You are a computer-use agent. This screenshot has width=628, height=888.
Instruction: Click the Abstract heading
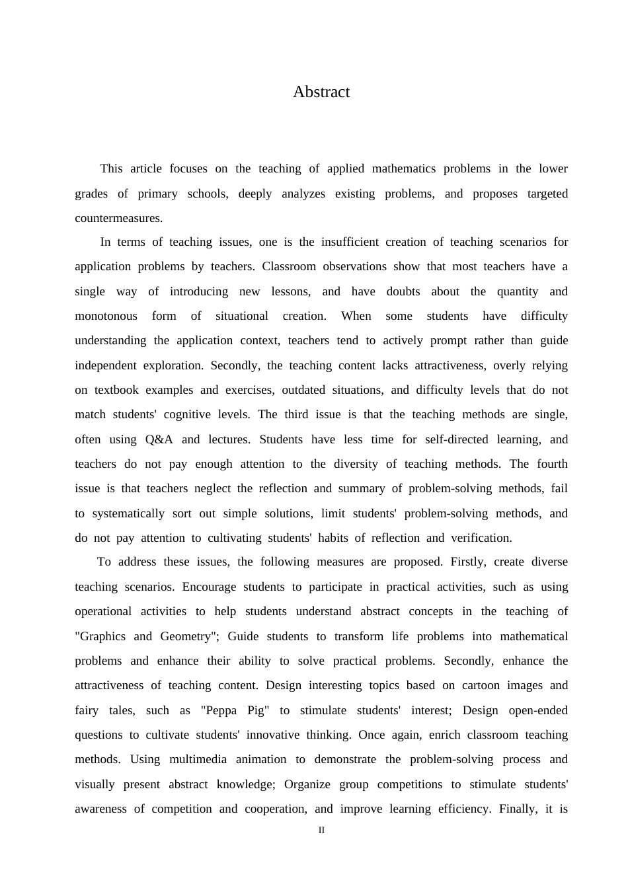(321, 92)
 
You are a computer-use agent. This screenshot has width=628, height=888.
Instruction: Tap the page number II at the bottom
(321, 831)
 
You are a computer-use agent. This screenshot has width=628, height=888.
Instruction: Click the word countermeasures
(118, 218)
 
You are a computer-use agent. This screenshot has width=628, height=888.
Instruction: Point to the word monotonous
(106, 316)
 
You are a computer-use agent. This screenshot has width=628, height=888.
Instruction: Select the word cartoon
(481, 685)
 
